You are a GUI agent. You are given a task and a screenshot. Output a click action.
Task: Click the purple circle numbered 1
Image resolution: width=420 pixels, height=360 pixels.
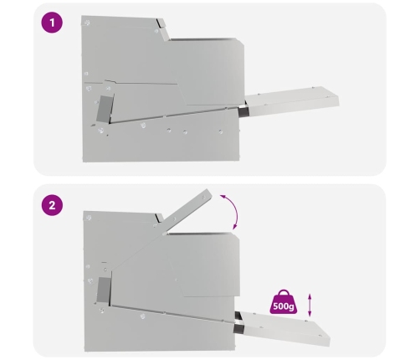click(x=52, y=23)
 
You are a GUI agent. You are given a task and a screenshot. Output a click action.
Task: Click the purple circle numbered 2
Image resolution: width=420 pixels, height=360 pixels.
click(x=52, y=205)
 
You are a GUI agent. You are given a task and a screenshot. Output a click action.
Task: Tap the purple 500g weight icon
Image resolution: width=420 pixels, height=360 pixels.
click(x=284, y=301)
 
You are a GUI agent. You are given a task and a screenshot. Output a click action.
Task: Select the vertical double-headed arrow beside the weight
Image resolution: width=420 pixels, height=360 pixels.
click(x=310, y=305)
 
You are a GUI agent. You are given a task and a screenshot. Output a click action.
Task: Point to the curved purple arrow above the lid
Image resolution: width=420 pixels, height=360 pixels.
click(x=235, y=210)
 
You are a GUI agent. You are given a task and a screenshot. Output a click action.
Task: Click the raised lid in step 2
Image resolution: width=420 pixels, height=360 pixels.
click(x=187, y=211)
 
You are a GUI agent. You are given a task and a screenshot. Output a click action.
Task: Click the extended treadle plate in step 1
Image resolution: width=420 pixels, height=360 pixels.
click(x=291, y=100)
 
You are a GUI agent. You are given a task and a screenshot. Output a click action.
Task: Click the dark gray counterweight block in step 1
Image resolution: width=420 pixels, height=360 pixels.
click(x=105, y=109)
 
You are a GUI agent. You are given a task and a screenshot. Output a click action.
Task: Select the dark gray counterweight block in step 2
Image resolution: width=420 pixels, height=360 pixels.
click(x=104, y=291)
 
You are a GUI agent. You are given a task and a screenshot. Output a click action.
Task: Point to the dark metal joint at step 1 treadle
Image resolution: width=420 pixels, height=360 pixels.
click(x=243, y=110)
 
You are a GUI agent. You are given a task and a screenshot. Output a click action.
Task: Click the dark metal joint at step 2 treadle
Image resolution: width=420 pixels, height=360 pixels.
click(x=238, y=322)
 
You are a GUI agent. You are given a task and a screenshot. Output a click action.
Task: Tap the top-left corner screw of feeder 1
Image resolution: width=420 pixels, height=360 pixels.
click(x=87, y=23)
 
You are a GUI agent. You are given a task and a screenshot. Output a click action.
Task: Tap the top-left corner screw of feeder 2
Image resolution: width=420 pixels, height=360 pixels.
click(x=89, y=218)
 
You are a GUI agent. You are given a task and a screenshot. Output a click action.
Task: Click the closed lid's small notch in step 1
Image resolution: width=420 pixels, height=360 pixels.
click(x=161, y=23)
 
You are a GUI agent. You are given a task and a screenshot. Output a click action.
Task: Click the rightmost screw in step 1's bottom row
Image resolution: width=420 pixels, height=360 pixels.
click(x=221, y=131)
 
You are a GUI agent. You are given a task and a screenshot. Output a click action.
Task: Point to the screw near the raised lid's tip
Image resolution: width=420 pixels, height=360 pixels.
click(x=204, y=198)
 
